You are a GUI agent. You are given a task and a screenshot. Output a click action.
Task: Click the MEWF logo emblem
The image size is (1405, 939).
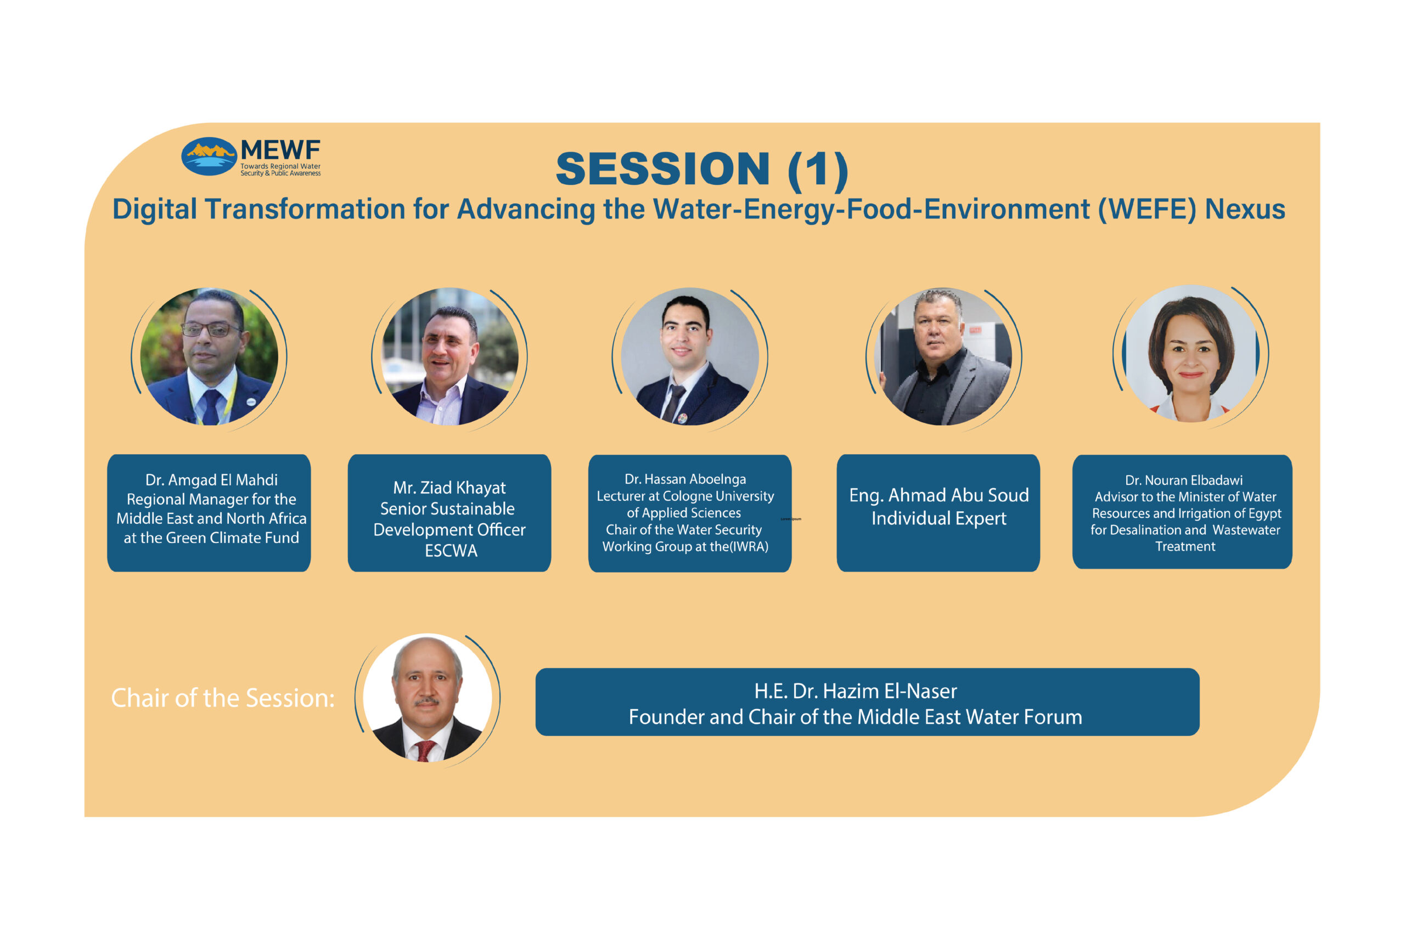(x=209, y=156)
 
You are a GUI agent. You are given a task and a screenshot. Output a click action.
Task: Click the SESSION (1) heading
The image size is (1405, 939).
(x=702, y=169)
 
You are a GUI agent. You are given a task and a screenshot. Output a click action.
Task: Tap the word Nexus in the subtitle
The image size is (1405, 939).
(x=1245, y=210)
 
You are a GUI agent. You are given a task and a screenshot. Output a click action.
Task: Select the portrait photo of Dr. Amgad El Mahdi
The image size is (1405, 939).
(x=209, y=357)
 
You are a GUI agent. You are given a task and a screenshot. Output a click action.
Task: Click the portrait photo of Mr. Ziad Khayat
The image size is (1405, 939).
(x=450, y=357)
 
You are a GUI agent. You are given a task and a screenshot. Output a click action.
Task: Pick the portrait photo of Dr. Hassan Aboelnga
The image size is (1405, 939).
(x=690, y=357)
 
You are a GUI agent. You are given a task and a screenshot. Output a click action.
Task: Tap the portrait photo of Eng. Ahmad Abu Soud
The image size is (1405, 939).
(x=943, y=357)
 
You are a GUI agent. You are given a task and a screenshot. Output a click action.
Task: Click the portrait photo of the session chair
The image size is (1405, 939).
(x=428, y=698)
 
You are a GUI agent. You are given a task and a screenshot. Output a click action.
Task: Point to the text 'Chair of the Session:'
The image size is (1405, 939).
(x=223, y=698)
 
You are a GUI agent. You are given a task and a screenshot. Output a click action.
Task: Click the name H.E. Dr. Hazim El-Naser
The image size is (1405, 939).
(x=856, y=691)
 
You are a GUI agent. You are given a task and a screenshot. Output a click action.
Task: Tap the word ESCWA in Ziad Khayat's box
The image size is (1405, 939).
(x=451, y=551)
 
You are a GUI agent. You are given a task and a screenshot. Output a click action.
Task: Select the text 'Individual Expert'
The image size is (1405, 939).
(x=939, y=519)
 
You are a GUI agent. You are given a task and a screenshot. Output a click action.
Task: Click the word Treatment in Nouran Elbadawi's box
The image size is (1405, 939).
(x=1185, y=546)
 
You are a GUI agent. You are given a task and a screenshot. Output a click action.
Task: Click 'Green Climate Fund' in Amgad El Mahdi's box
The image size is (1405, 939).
(x=233, y=538)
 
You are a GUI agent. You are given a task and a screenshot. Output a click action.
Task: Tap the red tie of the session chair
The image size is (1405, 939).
(x=425, y=751)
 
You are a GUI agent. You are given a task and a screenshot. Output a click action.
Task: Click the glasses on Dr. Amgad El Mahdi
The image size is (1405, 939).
(x=211, y=330)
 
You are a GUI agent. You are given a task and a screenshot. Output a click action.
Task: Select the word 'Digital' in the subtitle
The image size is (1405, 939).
(x=155, y=210)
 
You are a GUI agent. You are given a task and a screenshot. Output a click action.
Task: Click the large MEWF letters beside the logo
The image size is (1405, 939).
(x=280, y=150)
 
